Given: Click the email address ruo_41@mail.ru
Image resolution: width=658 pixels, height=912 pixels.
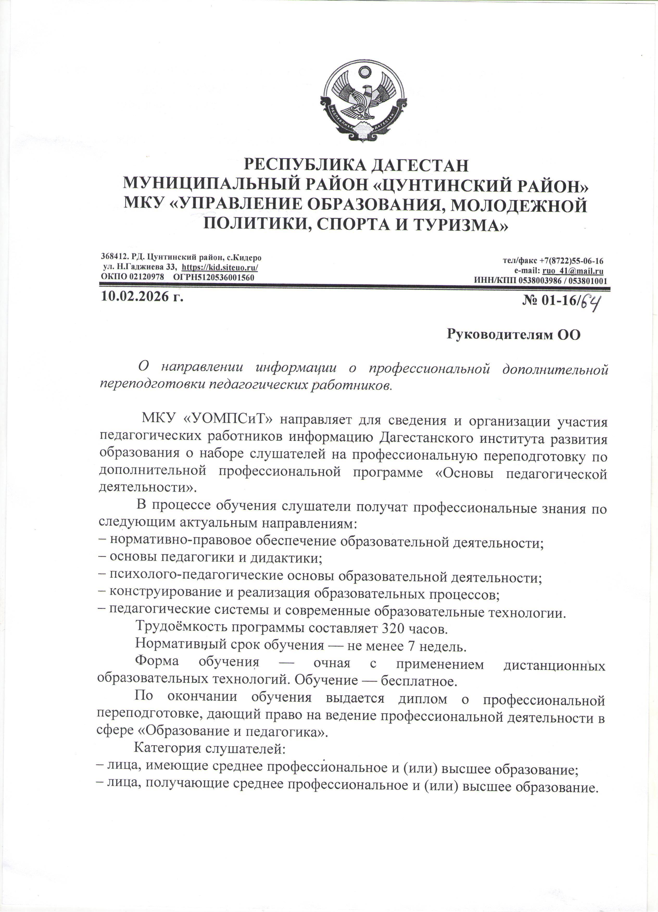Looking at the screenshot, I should pos(580,271).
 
